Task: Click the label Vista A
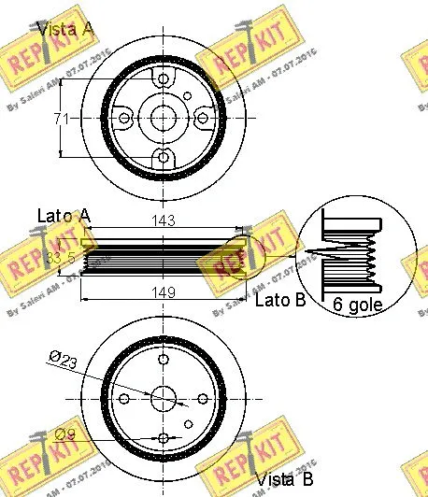click(64, 29)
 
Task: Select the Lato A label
click(64, 216)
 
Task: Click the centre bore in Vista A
click(164, 118)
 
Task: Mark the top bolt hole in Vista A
click(164, 80)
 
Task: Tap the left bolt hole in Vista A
click(125, 118)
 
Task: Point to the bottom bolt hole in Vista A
click(164, 156)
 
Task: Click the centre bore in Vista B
click(164, 397)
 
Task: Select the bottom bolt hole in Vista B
click(164, 436)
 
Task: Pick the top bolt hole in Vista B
click(164, 359)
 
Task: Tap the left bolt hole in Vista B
click(125, 397)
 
